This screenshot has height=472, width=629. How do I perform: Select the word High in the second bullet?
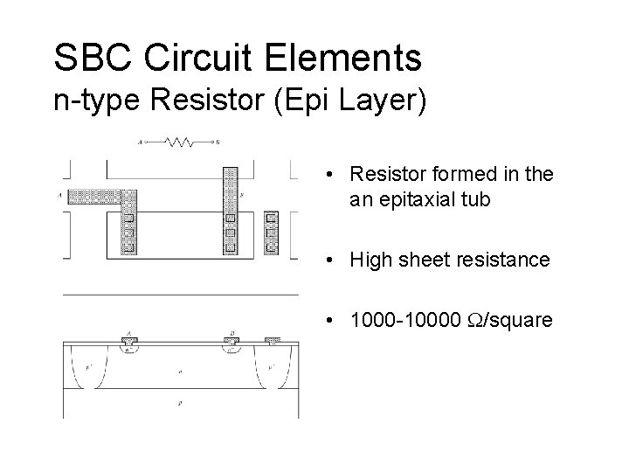(x=369, y=260)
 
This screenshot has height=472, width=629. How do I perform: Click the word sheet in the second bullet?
(x=425, y=260)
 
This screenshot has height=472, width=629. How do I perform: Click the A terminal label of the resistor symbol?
(x=142, y=141)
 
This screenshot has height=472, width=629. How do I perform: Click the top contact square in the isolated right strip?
(x=271, y=218)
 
